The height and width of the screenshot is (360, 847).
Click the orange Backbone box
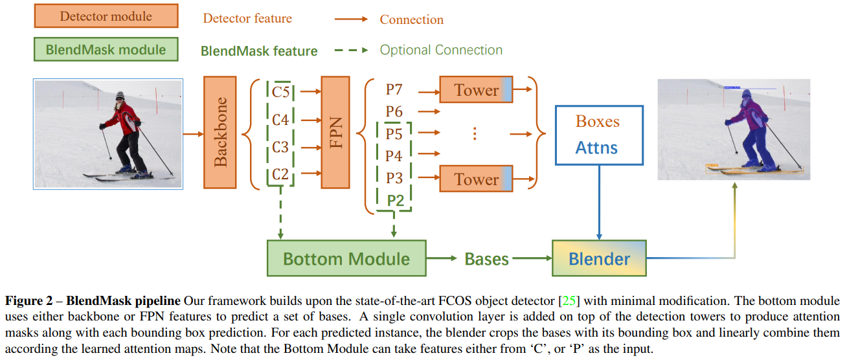(220, 132)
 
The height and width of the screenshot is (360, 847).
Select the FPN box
(335, 132)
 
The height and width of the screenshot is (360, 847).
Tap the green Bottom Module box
(346, 259)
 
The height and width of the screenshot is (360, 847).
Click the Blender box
(599, 259)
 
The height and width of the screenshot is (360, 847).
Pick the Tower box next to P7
(476, 90)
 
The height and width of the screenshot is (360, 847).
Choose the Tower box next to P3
(476, 179)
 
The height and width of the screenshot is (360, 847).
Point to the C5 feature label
(280, 92)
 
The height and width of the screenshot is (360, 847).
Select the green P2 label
(395, 200)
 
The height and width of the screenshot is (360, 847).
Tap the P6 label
(394, 111)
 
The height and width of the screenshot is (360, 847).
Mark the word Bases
(486, 260)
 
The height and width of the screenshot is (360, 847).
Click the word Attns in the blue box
(596, 148)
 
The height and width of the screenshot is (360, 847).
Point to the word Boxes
(597, 122)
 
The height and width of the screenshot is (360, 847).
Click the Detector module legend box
(106, 17)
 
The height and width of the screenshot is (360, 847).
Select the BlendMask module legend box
(106, 49)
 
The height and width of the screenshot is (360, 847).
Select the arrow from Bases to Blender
(531, 260)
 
